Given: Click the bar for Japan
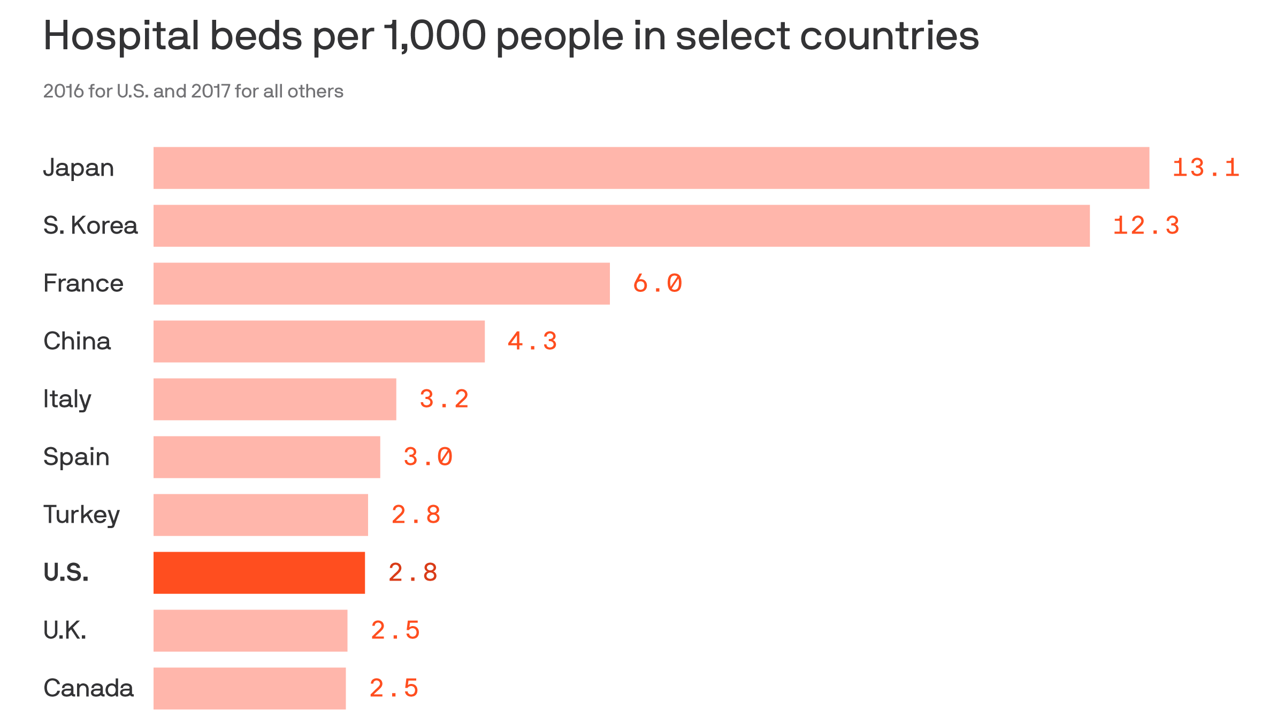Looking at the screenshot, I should click(651, 168).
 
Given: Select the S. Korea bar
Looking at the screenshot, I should click(621, 225).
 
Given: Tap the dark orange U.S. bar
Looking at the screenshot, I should click(259, 573).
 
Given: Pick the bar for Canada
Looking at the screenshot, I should click(249, 688).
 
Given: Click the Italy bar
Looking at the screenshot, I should click(274, 399).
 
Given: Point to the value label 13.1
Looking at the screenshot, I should click(1205, 168).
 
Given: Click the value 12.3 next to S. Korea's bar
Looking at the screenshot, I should click(1145, 225).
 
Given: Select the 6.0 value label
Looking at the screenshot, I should click(657, 283).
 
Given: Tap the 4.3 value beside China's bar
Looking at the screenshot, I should click(532, 341).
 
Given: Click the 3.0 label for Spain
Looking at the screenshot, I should click(427, 457).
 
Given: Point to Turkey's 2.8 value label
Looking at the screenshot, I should click(415, 515).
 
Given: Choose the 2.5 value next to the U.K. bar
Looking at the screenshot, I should click(395, 630).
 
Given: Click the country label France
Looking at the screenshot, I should click(83, 283).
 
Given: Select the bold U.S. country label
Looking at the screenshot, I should click(66, 573).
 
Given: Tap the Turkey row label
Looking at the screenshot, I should click(81, 515).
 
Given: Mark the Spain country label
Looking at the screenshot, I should click(76, 457).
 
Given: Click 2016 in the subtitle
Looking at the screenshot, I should click(63, 91).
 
